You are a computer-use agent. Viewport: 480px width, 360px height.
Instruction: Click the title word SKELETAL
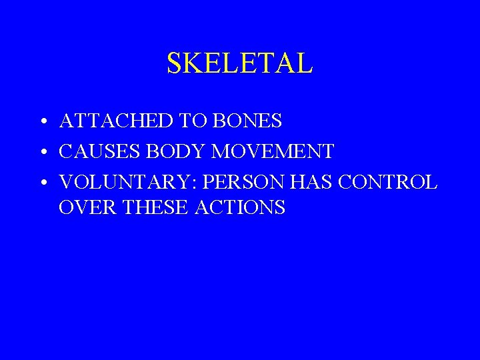pos(239,63)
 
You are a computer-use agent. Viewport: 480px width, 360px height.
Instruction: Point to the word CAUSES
pos(99,151)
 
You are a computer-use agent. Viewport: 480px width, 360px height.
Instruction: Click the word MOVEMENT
pos(273,151)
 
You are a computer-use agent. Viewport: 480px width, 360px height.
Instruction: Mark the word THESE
pos(153,207)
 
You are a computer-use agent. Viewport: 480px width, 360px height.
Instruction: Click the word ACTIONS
pos(240,207)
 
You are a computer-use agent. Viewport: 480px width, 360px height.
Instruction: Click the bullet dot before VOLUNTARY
pos(42,183)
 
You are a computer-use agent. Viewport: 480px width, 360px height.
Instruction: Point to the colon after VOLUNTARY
pos(181,183)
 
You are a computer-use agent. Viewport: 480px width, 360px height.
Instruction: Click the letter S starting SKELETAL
pos(174,63)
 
